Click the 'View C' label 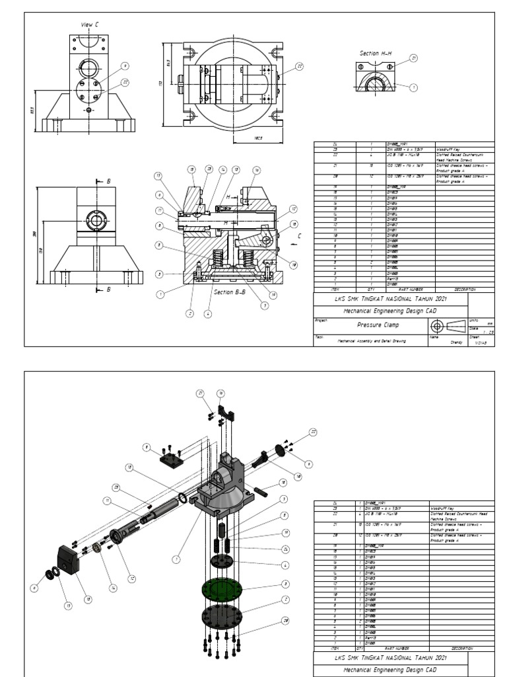[89, 24]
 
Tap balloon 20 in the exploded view [285, 620]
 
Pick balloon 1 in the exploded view [176, 559]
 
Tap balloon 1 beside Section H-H [413, 87]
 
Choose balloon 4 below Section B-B [207, 314]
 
